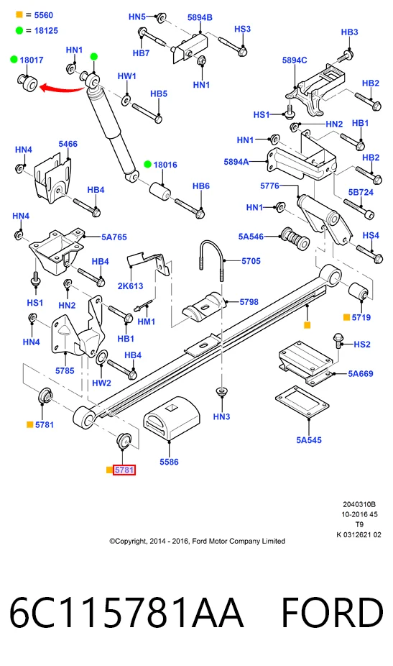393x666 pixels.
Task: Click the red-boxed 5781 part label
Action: click(124, 470)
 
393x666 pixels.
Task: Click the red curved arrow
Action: click(62, 88)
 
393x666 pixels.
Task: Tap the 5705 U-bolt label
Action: click(251, 261)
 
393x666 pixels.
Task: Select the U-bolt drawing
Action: click(211, 260)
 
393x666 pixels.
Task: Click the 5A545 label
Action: click(309, 440)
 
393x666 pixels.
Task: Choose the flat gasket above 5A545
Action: click(302, 402)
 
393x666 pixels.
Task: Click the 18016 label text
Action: click(165, 165)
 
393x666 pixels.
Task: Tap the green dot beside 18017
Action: click(14, 60)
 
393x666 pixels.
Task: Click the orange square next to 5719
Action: click(346, 317)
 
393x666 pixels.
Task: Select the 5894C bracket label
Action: click(295, 60)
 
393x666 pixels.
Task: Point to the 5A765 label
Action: click(114, 237)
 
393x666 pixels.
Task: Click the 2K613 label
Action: click(130, 286)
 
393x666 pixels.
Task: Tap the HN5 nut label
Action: click(137, 17)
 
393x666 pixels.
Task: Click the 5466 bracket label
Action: click(68, 144)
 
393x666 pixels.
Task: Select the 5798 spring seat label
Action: click(249, 301)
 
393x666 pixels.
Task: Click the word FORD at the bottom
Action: click(332, 612)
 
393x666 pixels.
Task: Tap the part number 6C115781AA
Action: click(126, 612)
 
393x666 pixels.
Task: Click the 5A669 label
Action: click(361, 373)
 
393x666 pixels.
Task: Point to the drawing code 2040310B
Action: click(359, 504)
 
